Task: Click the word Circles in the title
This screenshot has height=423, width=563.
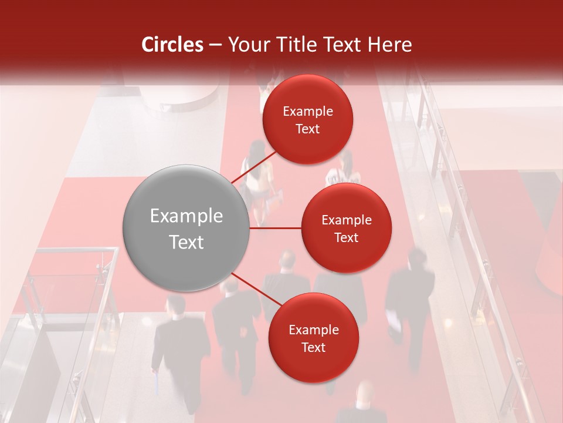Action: point(172,45)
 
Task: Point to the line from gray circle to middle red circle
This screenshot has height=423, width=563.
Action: point(276,228)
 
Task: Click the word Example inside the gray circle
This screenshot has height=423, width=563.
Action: point(186,216)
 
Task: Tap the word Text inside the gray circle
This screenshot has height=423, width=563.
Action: point(186,242)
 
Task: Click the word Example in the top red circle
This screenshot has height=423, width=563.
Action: point(308,112)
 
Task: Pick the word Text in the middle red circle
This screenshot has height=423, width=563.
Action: point(346,237)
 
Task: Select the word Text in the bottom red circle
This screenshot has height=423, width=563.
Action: point(313,347)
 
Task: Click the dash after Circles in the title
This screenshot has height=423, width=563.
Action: point(215,45)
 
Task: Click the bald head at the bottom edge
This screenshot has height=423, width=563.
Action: point(365,392)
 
